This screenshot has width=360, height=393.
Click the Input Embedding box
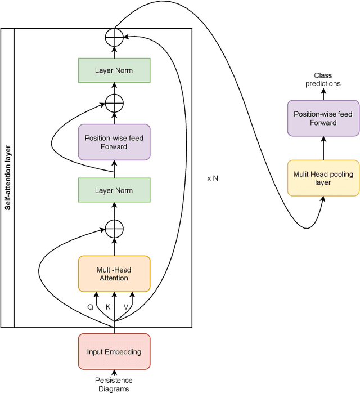coord(114,352)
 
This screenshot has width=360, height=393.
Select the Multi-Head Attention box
coord(114,274)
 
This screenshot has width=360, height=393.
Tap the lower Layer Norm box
coord(114,190)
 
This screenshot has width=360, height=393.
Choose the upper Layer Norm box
coord(114,70)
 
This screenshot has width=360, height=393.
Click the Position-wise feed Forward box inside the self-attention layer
coord(114,142)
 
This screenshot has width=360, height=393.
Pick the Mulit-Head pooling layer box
coord(323,178)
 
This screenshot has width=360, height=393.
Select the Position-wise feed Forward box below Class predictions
coord(323,118)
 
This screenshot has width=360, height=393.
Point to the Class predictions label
coord(323,79)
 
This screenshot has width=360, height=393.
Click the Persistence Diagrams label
coord(114,385)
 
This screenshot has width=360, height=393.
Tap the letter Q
coord(91,307)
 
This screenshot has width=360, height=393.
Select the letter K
coord(108,307)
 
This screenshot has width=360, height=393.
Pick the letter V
coord(126,307)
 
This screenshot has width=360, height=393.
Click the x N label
coord(213,178)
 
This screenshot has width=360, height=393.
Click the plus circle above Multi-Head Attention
coord(114,229)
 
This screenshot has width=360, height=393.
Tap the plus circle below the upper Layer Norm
coord(114,103)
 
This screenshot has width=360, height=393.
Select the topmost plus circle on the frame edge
coord(114,36)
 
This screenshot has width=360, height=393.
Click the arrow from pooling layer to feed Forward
coord(323,148)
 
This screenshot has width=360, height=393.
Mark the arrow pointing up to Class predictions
coord(323,94)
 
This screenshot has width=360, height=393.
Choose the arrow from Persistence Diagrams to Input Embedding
coord(114,372)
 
